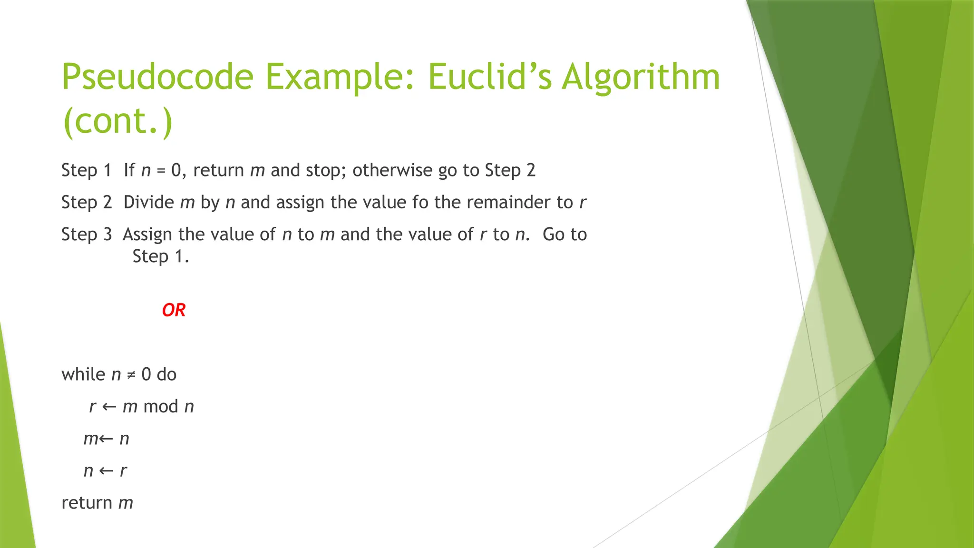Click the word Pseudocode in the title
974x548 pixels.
[157, 77]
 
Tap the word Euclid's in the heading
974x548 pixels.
[489, 77]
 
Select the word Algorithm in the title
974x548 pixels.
[641, 77]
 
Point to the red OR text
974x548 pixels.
[174, 310]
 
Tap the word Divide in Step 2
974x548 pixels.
[148, 202]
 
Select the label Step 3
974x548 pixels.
[87, 234]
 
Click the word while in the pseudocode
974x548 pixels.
[83, 374]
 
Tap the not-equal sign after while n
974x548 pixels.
[131, 375]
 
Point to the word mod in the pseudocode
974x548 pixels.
[161, 406]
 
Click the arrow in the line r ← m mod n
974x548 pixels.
[109, 407]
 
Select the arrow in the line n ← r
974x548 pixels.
[106, 471]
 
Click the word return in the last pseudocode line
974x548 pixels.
[87, 503]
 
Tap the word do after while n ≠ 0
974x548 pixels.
[166, 374]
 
